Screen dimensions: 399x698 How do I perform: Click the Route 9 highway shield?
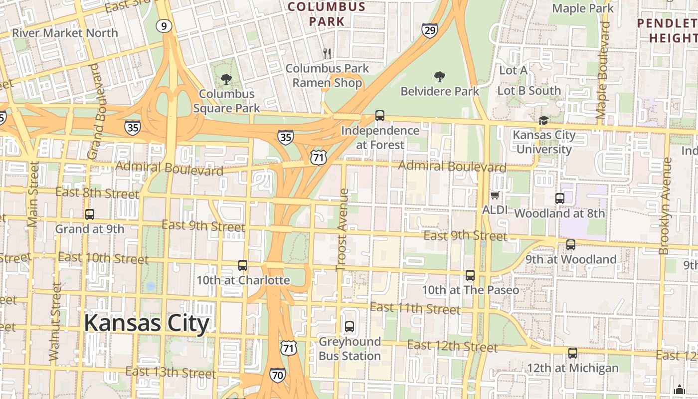(164, 26)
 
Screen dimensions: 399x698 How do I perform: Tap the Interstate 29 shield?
(430, 30)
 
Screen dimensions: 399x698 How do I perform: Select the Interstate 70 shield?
(278, 375)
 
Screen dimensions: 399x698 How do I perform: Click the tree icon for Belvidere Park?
(439, 77)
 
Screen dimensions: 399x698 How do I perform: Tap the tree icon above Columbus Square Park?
(226, 79)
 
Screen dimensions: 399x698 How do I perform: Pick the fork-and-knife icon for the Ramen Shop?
(327, 53)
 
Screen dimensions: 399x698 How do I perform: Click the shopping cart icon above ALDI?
(495, 195)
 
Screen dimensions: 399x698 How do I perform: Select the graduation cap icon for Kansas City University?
(543, 120)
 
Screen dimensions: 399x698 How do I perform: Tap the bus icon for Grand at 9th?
(90, 214)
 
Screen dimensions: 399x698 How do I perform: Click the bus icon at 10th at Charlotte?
(243, 265)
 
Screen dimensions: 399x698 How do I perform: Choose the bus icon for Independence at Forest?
(380, 116)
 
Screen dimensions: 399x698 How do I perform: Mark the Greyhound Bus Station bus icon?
(349, 327)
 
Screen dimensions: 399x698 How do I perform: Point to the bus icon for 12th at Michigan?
(573, 353)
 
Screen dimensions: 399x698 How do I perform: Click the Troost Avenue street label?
(342, 229)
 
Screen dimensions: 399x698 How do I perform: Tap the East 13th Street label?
(171, 373)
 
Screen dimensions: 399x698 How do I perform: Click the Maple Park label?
(583, 8)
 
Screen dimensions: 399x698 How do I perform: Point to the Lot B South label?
(529, 91)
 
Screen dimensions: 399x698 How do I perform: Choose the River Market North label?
(65, 33)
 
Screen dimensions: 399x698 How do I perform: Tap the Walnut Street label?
(55, 322)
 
